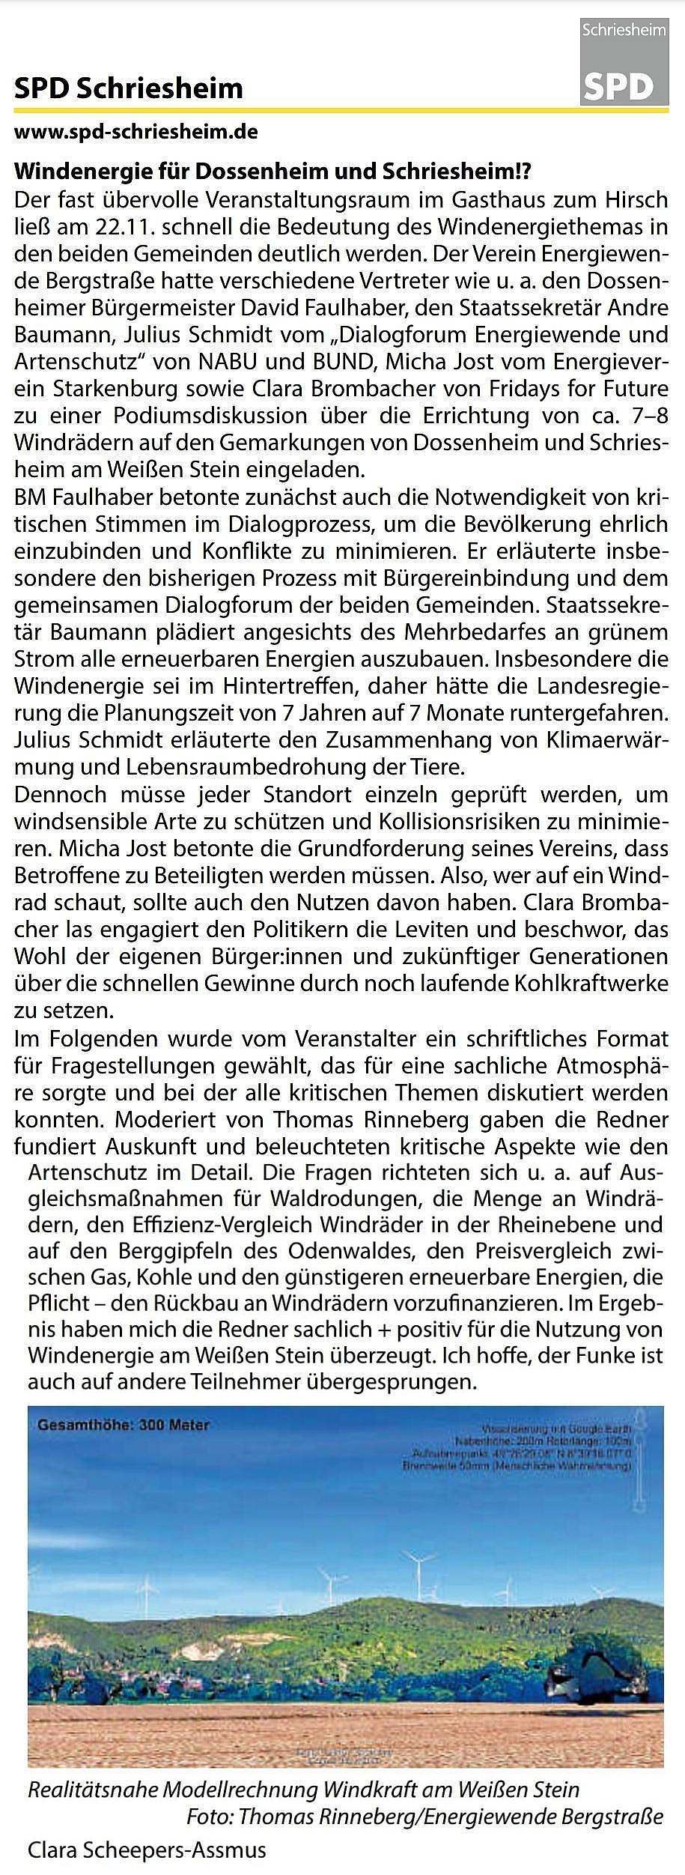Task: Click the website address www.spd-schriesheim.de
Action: pyautogui.click(x=136, y=133)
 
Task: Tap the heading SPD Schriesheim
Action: pyautogui.click(x=128, y=89)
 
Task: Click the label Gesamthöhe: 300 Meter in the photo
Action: pyautogui.click(x=124, y=1426)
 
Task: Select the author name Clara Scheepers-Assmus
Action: pyautogui.click(x=147, y=1850)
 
